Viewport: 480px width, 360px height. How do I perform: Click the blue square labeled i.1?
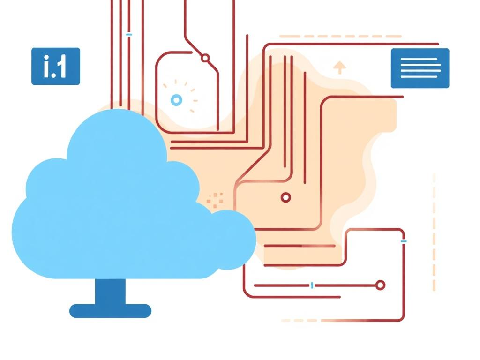pos(56,66)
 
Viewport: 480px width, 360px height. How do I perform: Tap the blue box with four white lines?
pos(420,68)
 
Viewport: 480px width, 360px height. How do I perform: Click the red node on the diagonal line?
pos(205,58)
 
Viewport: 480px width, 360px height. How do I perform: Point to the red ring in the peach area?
pos(286,197)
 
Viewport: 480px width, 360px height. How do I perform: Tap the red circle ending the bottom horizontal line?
pos(380,285)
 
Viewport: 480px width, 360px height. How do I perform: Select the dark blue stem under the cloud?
pos(110,292)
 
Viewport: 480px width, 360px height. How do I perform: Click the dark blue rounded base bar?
pos(110,311)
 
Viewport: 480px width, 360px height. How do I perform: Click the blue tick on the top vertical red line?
pos(129,35)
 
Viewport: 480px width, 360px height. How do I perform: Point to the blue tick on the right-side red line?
pos(404,241)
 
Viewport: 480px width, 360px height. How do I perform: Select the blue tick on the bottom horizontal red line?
pos(312,285)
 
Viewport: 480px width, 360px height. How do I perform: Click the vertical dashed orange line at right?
pos(434,232)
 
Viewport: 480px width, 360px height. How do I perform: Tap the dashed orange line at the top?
pos(340,37)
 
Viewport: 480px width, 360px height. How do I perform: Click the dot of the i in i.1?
pos(46,57)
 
